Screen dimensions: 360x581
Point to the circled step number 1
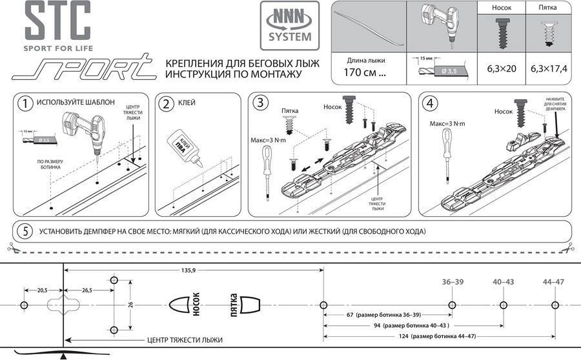(25, 103)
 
